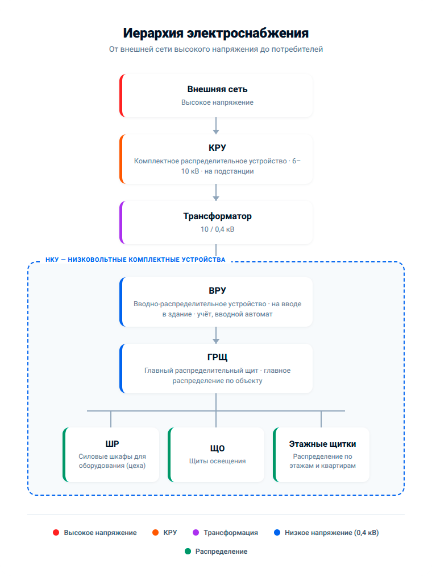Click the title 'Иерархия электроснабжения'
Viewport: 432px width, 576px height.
(215, 33)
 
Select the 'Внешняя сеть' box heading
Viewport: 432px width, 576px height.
(217, 89)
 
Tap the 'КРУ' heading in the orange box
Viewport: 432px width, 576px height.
(217, 147)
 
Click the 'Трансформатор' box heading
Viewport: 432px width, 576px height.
(217, 216)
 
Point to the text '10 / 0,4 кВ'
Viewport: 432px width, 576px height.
(217, 229)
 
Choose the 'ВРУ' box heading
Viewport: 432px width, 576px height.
(217, 291)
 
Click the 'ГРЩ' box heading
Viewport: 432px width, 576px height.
(217, 357)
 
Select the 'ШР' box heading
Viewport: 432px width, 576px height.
(112, 444)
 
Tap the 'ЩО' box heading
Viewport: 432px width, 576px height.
(217, 449)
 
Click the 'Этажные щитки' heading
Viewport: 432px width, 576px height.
(322, 444)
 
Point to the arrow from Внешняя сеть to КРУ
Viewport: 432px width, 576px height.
(215, 126)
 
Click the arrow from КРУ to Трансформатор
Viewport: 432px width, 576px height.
(215, 192)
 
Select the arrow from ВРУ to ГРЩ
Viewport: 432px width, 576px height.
(215, 335)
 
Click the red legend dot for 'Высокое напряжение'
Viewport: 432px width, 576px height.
(56, 533)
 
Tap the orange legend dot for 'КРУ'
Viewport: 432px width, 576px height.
(156, 533)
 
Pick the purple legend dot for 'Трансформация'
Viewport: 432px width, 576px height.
(196, 533)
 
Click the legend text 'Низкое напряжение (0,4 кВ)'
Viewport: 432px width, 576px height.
(331, 533)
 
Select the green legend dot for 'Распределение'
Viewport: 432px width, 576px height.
(188, 552)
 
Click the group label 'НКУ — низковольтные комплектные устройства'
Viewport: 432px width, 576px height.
(135, 260)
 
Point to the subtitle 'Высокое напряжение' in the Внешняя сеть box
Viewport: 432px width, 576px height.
(217, 102)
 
